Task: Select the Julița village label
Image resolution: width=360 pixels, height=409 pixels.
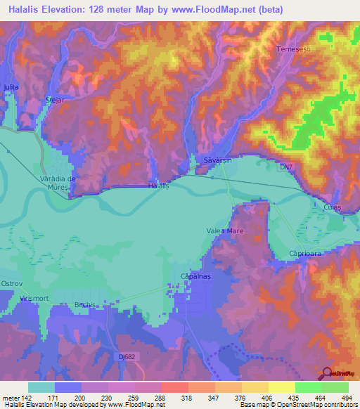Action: point(10,86)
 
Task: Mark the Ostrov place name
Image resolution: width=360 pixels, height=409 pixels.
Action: point(13,284)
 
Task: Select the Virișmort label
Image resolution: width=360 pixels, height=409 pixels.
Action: point(33,299)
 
